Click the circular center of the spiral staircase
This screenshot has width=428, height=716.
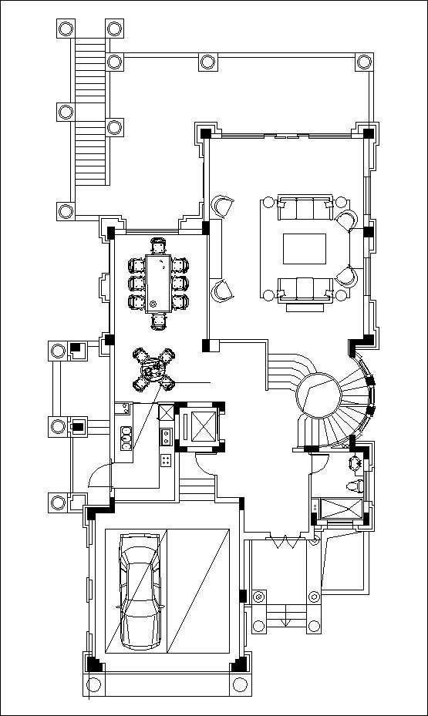[x=318, y=397]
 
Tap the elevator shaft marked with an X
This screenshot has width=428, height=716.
[x=201, y=426]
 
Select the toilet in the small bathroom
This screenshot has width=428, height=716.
[x=354, y=485]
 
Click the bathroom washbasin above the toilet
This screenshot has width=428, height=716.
[x=356, y=463]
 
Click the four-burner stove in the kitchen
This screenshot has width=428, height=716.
[x=166, y=460]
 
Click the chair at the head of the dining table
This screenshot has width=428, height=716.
[x=159, y=246]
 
